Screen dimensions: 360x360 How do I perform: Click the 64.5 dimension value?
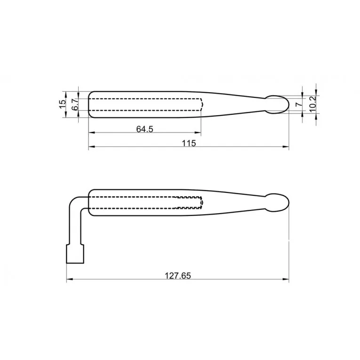point(144,129)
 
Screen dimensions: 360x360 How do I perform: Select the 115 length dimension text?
point(189,144)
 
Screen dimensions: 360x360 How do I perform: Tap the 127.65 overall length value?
point(178,275)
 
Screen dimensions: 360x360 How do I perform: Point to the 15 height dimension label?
point(62,104)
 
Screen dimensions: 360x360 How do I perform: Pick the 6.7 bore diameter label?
point(75,104)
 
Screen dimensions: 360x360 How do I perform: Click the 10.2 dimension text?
point(313,104)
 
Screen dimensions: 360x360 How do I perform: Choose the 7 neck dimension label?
point(299,104)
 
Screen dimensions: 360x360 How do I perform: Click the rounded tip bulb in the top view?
point(277,104)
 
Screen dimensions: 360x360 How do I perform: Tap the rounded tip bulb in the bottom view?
point(277,202)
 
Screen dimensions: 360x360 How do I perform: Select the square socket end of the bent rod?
point(75,254)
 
